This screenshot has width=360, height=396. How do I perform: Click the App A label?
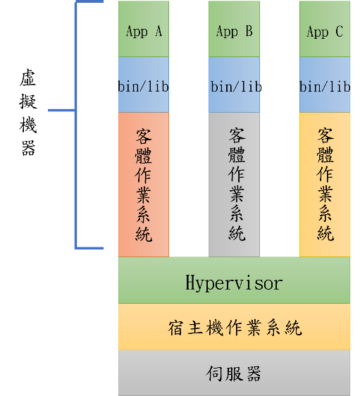coord(144,32)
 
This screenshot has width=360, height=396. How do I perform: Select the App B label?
coord(235,32)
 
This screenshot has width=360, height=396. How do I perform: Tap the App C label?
coord(325,32)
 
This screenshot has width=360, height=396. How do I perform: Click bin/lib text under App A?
coord(144,86)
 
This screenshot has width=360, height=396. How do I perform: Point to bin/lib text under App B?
coord(236,86)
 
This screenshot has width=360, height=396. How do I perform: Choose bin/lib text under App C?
coord(325,86)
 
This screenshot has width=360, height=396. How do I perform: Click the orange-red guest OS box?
coord(144,185)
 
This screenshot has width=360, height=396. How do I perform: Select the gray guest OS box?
coord(235,185)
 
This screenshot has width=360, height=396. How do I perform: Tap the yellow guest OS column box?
coord(325,185)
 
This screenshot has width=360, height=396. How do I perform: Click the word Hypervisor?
coord(234,283)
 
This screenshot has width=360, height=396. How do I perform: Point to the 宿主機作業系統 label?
coord(235,328)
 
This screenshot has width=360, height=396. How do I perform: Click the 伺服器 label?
coord(233,373)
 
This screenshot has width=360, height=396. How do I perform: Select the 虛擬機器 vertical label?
coord(28,112)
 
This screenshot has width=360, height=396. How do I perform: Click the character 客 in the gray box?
coord(237,135)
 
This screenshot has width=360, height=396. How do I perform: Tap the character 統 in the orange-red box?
coord(144,234)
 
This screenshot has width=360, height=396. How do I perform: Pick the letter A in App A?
coord(159,31)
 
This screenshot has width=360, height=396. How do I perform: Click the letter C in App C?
coord(340,31)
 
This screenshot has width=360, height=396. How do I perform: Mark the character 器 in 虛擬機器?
coord(28,148)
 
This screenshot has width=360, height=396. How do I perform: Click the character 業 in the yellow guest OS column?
coord(325,194)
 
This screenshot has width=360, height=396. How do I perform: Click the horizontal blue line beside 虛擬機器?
coord(61,110)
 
